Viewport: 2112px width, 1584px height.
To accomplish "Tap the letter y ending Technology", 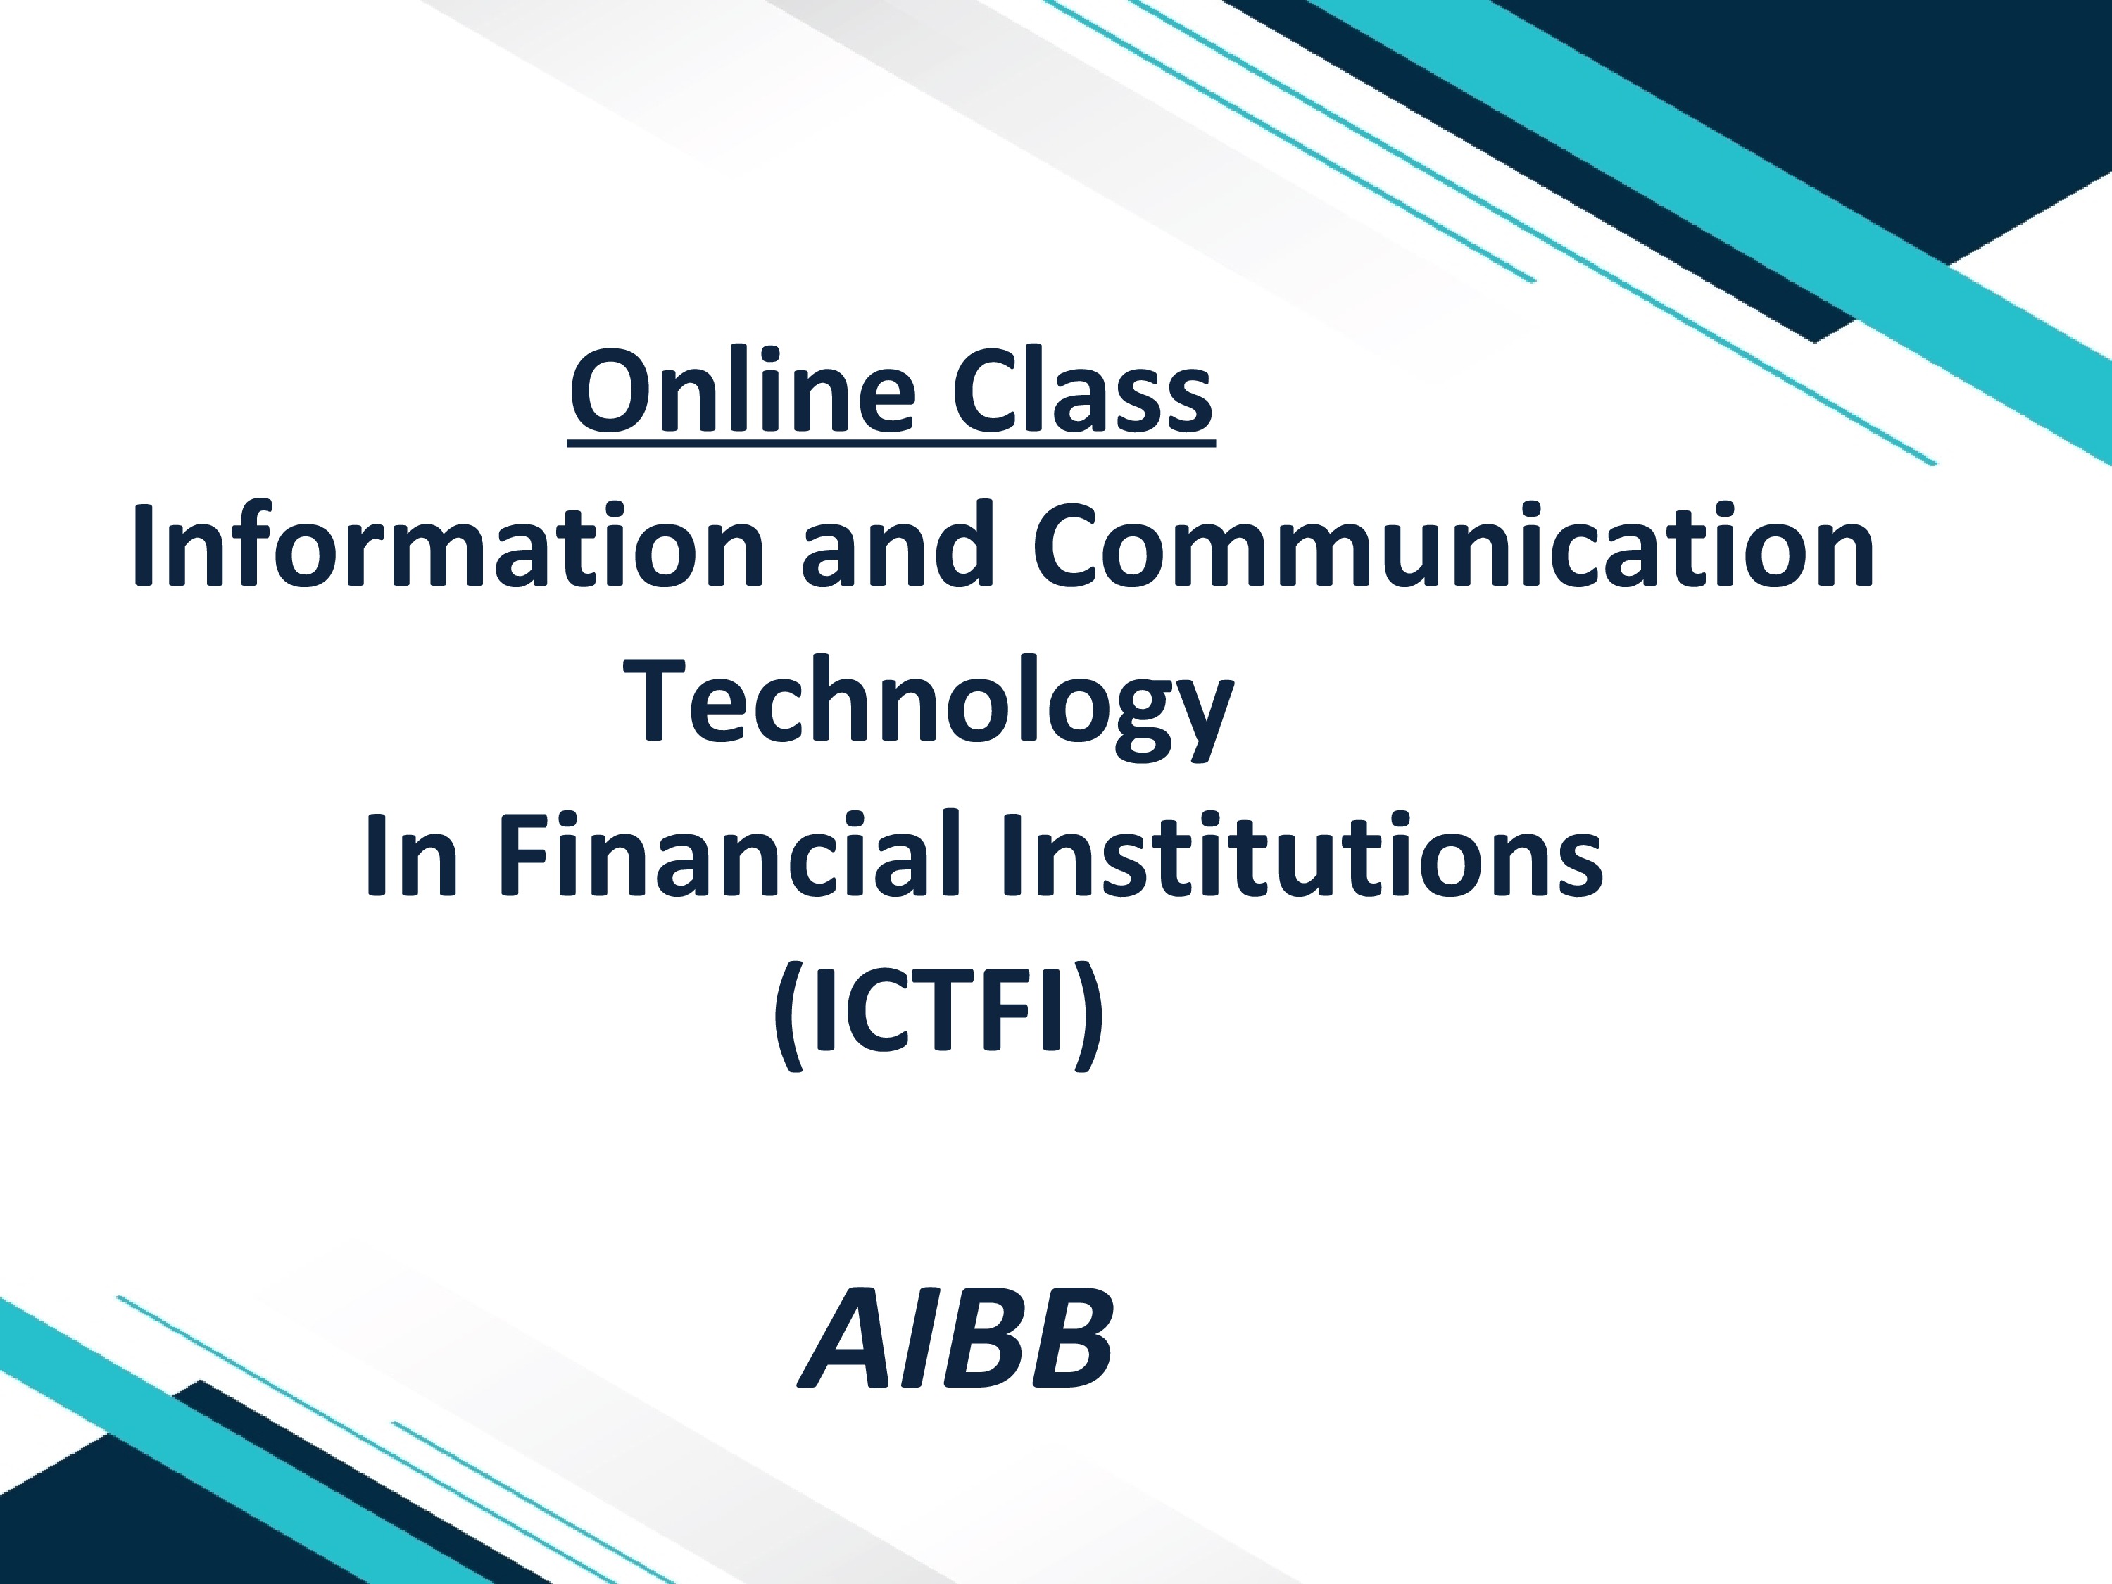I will (x=1203, y=716).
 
